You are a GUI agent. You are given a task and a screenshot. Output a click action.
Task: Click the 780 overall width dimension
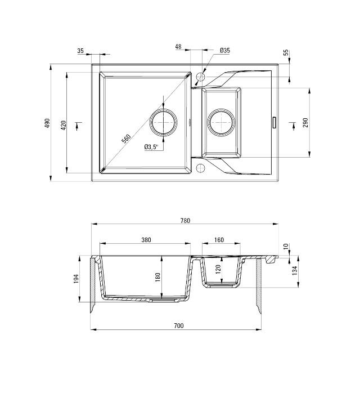tap(184, 221)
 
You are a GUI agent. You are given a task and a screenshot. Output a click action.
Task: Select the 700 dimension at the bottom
tap(179, 325)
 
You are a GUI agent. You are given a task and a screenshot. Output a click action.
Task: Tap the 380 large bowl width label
tap(146, 240)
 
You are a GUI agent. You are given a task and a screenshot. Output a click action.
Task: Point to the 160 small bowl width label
tap(219, 240)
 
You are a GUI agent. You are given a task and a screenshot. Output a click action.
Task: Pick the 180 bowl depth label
tap(158, 276)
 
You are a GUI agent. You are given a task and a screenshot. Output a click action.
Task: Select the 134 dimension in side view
tap(295, 270)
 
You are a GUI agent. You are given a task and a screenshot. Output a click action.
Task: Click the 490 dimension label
tap(47, 123)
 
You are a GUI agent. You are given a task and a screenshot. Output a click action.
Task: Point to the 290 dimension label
tap(305, 122)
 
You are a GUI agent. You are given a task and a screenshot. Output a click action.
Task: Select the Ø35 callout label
tap(224, 51)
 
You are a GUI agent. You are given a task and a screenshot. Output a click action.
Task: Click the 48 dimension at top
tap(178, 47)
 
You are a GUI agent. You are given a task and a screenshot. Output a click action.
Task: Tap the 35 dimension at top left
tap(80, 51)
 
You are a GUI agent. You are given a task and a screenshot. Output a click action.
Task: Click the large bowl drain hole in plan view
tap(164, 121)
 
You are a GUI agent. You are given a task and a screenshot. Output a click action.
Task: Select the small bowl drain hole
tap(221, 121)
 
